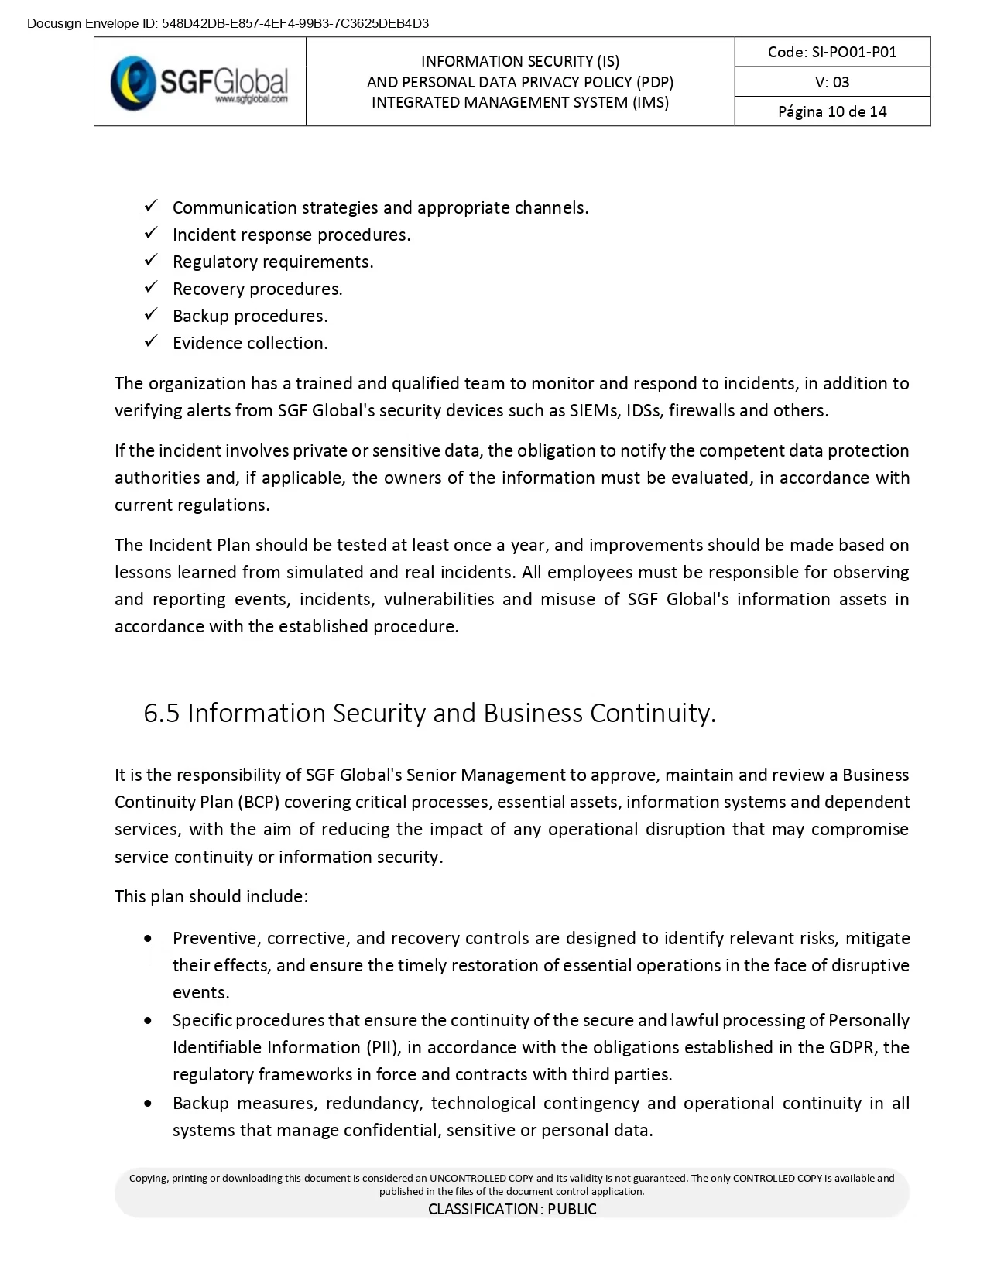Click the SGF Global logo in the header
pos(200,82)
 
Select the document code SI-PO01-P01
pos(832,52)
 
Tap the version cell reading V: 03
pos(832,82)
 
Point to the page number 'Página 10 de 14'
pos(832,111)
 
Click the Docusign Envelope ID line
pos(228,23)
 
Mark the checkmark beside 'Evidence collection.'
pos(152,341)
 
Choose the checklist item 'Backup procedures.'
pos(250,316)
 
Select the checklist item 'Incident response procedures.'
pos(291,235)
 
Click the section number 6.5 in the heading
pos(161,713)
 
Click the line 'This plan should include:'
pos(211,896)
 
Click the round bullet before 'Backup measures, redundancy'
pos(149,1103)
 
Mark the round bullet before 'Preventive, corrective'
pos(149,939)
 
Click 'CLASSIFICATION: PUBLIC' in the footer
pos(512,1209)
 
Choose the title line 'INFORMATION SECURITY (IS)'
pos(519,61)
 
